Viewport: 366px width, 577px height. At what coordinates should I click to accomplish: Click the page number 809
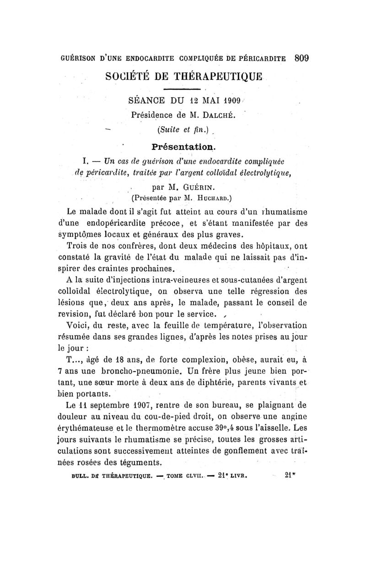click(301, 58)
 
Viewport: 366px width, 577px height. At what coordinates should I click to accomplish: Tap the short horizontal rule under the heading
click(182, 88)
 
